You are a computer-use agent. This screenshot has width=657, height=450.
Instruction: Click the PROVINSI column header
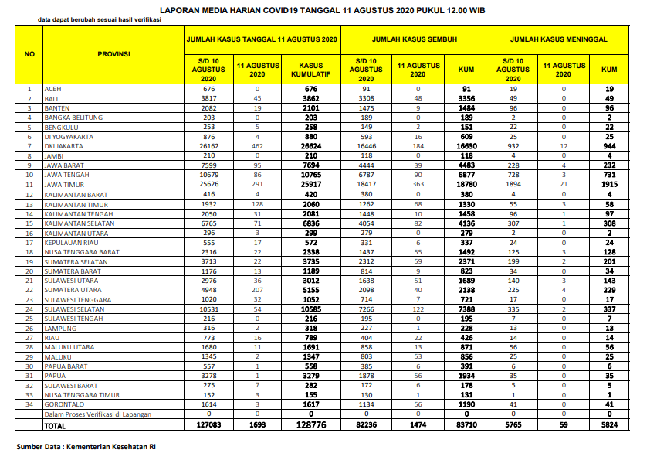[x=113, y=54]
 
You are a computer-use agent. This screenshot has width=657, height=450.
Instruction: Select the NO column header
[x=29, y=54]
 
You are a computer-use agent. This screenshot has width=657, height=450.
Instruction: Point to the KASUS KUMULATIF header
[x=310, y=70]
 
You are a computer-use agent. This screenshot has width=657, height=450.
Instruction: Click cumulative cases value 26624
[x=310, y=146]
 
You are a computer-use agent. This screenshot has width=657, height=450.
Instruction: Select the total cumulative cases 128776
[x=310, y=425]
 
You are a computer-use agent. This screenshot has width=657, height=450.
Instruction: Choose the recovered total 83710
[x=466, y=425]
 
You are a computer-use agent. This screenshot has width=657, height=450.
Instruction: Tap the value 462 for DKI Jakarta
[x=258, y=146]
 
